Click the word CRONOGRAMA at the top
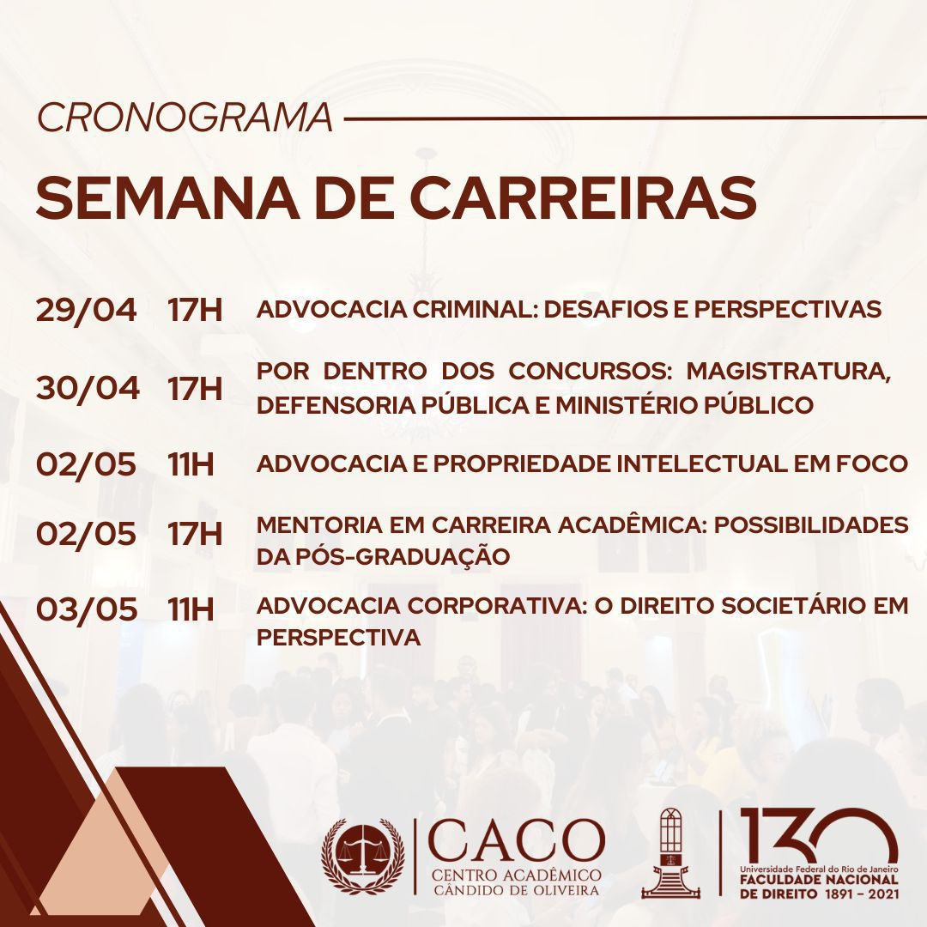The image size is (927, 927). point(185,118)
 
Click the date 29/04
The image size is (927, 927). point(86,310)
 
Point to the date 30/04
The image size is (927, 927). point(87,387)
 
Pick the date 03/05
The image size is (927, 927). point(86,609)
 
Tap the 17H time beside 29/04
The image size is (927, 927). point(195,310)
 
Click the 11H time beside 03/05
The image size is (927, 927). point(191,609)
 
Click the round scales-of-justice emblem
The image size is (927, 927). point(362,855)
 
